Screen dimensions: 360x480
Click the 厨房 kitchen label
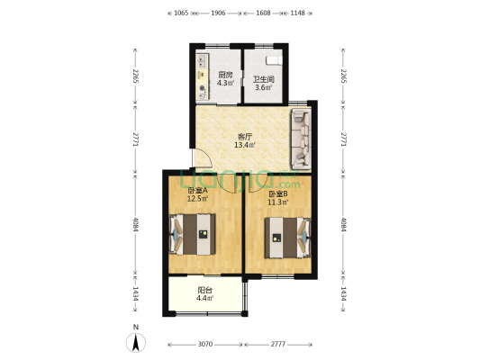pyautogui.click(x=226, y=75)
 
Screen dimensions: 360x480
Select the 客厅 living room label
pyautogui.click(x=244, y=136)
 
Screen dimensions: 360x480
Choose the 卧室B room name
pyautogui.click(x=278, y=193)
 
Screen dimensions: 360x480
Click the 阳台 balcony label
pyautogui.click(x=205, y=290)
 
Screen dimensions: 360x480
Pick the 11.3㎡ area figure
pyautogui.click(x=278, y=202)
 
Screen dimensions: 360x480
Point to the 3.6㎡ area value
pyautogui.click(x=262, y=87)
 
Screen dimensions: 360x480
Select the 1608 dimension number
pyautogui.click(x=263, y=14)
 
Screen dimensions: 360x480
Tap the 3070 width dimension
pyautogui.click(x=205, y=345)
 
